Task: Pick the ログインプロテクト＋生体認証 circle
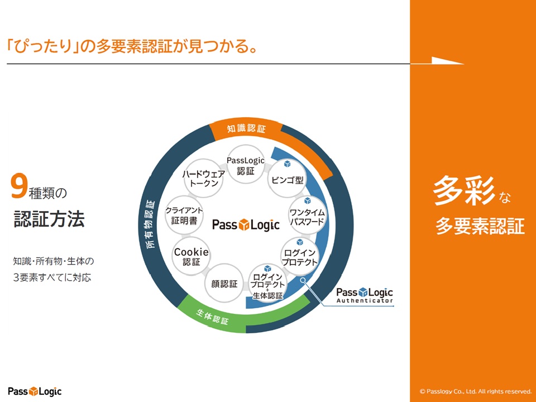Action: click(268, 283)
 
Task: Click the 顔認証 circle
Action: click(224, 284)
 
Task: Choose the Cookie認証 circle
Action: click(192, 256)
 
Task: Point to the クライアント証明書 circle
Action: click(184, 216)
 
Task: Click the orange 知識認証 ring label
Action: click(246, 128)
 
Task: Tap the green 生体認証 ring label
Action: click(213, 317)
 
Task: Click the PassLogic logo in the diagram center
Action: click(246, 225)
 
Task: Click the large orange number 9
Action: click(19, 188)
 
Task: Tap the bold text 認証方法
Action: click(49, 219)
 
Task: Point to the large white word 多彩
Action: click(465, 192)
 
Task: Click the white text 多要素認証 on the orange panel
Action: click(480, 226)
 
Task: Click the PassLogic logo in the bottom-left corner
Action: click(35, 391)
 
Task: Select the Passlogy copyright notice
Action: click(475, 391)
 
